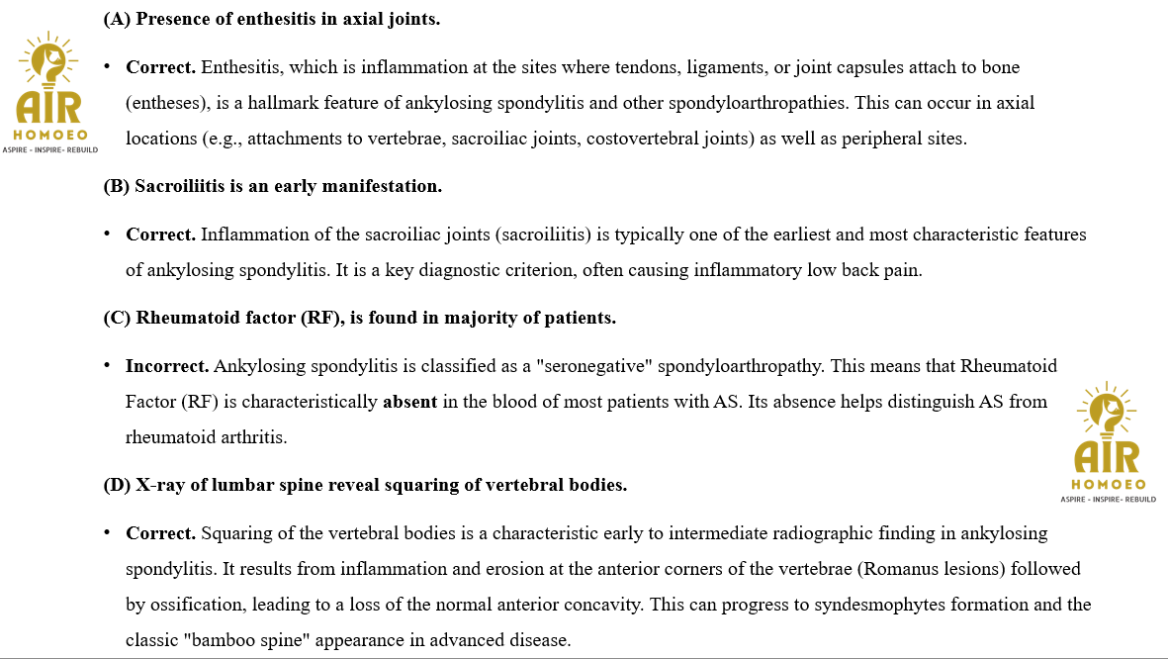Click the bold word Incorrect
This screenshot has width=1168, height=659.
(166, 366)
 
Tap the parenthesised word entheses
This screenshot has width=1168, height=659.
(165, 103)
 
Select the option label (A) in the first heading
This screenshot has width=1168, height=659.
(117, 19)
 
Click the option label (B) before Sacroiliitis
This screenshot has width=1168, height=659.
(117, 186)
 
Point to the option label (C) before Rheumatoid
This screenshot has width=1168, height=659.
(117, 318)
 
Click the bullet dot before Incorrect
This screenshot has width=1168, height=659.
(107, 366)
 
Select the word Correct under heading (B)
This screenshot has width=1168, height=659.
(160, 235)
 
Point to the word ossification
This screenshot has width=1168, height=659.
(186, 605)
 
